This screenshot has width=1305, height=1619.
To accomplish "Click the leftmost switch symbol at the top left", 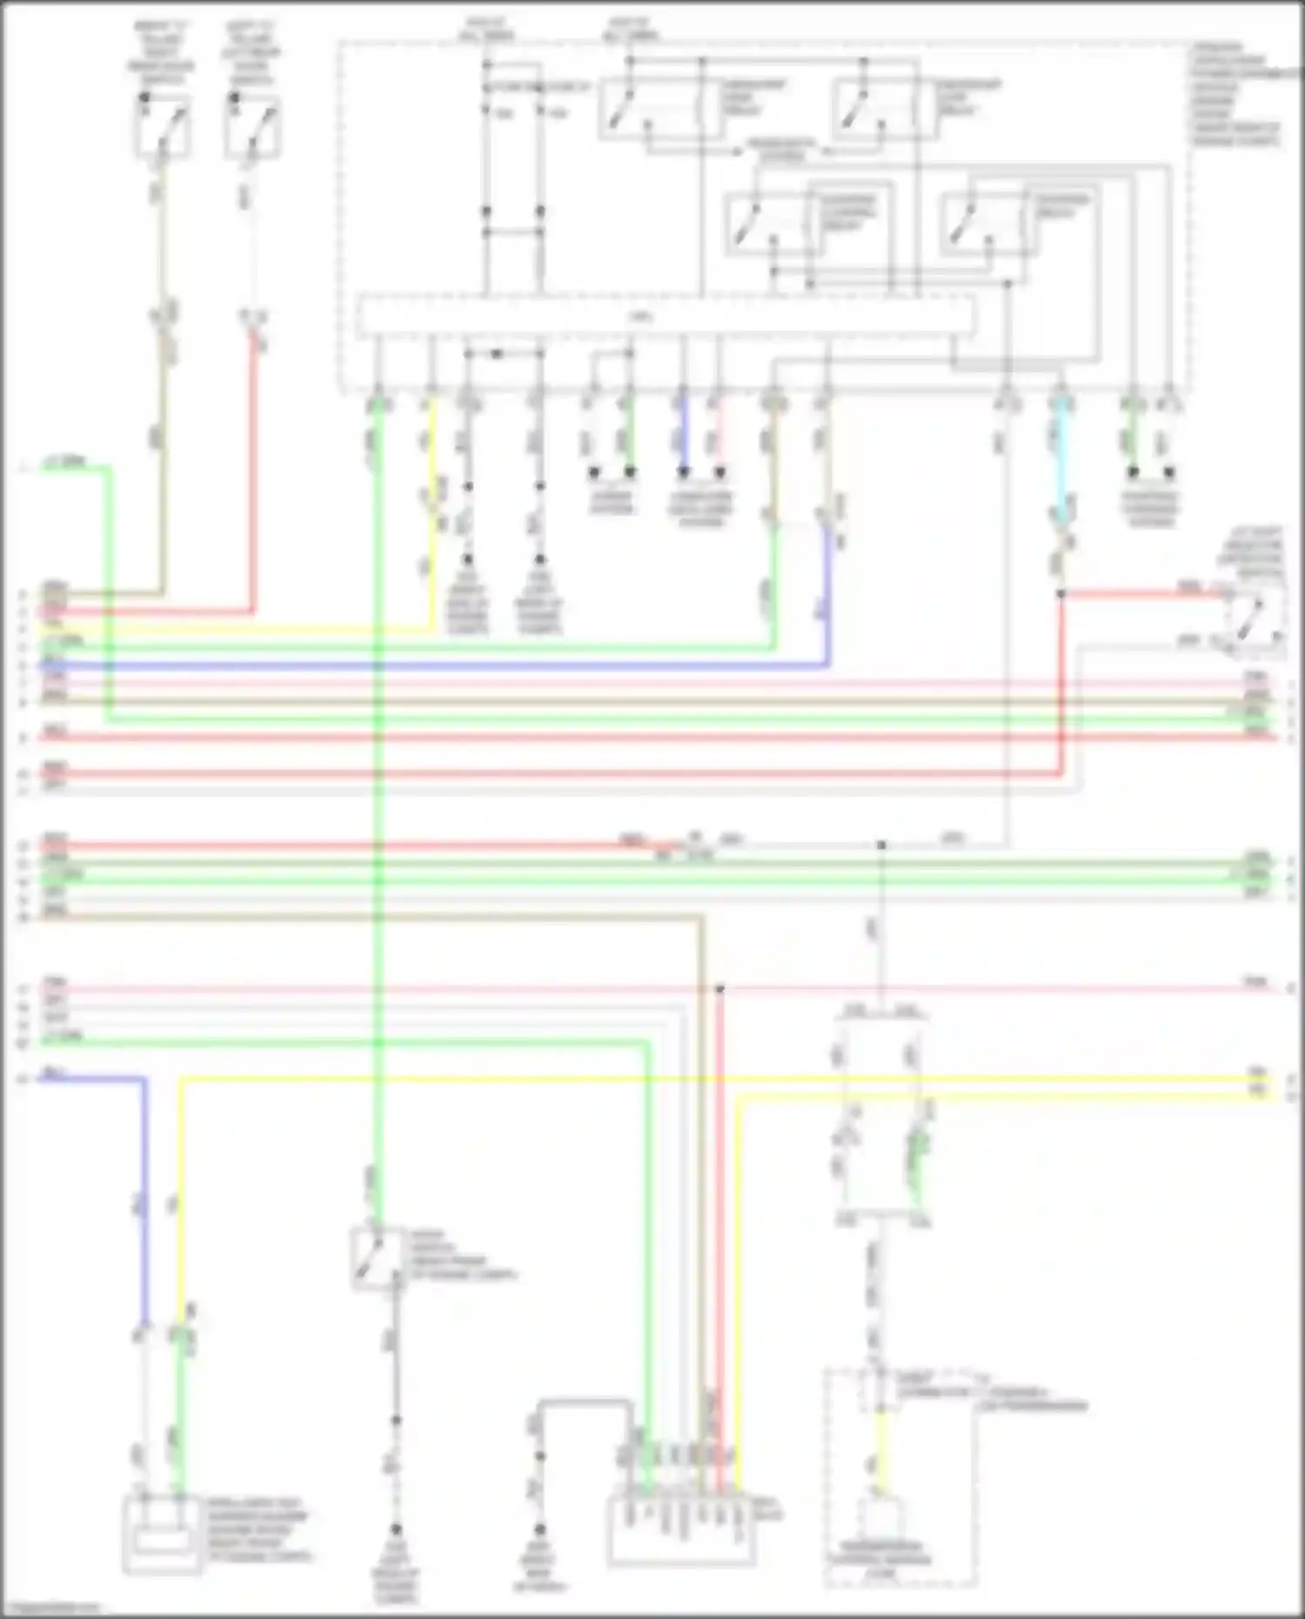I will point(163,127).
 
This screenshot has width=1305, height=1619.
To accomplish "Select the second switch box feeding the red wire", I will point(252,127).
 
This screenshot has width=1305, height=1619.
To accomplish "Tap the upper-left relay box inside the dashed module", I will point(659,109).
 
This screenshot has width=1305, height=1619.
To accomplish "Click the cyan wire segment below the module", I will point(1061,461).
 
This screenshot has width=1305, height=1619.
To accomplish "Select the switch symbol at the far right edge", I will point(1255,615).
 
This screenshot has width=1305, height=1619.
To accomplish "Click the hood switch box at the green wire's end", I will point(377,1257).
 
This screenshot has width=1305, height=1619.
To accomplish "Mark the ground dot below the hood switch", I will point(396,1420).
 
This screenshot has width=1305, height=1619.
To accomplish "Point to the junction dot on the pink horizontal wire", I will point(719,989).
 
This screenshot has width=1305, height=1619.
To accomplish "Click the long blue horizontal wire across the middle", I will point(435,666).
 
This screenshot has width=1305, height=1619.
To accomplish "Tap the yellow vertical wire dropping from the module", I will point(432,522).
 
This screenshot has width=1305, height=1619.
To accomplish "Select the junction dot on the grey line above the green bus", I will point(880,845).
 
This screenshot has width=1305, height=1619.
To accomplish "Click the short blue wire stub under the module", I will point(683,439).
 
